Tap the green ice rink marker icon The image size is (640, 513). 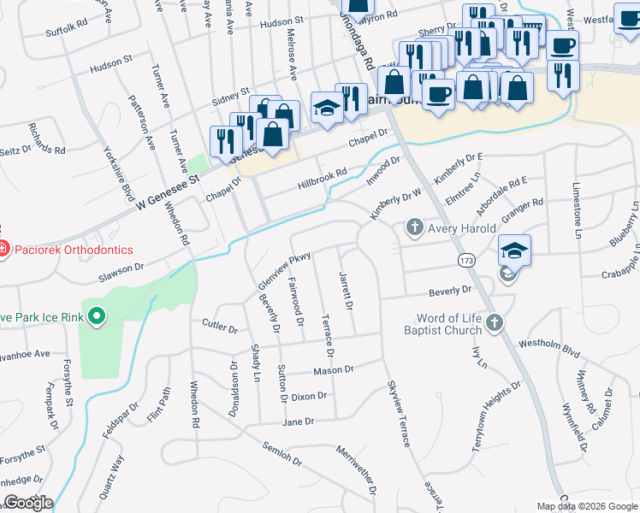click(96, 317)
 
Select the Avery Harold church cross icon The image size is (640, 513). click(414, 228)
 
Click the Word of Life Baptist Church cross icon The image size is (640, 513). click(496, 323)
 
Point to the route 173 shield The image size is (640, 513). click(466, 259)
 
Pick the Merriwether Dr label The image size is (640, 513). click(357, 470)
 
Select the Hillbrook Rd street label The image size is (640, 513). click(322, 176)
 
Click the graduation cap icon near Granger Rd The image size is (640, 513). click(514, 251)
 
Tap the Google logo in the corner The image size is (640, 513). click(27, 503)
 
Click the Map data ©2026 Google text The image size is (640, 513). click(586, 506)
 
